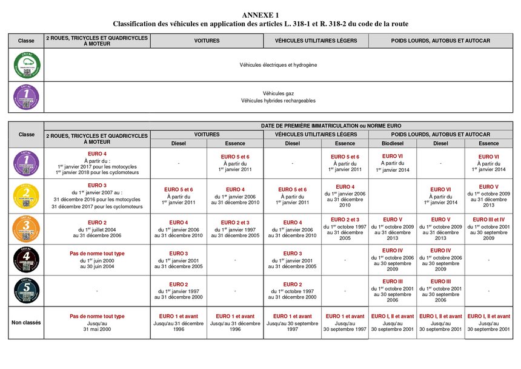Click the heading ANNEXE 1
pos(260,15)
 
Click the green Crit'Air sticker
pos(26,65)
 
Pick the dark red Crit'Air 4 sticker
pos(26,260)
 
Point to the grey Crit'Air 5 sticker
pos(26,290)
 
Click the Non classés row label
pos(26,322)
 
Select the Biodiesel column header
pos(392,143)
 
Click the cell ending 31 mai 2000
pos(97,323)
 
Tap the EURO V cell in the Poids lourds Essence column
pos(489,195)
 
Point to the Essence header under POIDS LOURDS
pos(489,143)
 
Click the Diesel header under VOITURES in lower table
pos(179,143)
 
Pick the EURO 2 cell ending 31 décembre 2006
pos(97,229)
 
